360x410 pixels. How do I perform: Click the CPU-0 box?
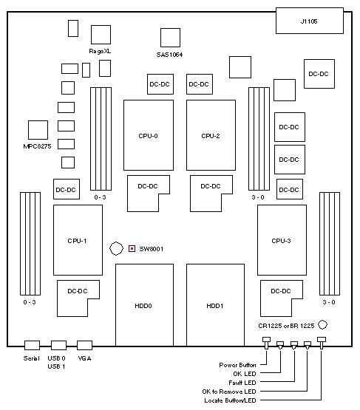pos(149,135)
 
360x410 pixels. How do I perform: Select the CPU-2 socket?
pos(211,135)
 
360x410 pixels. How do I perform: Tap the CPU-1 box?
pos(78,240)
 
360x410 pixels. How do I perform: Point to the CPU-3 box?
pos(282,240)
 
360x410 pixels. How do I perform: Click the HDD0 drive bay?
pos(144,305)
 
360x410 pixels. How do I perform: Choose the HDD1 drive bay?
pos(215,305)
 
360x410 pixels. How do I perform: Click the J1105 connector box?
pos(310,21)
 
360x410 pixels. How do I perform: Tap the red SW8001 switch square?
pos(132,249)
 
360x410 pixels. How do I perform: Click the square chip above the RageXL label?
pos(101,35)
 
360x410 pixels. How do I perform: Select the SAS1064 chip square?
pos(170,38)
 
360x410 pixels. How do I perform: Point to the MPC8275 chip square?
pos(38,130)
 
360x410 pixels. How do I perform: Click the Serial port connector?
pos(32,345)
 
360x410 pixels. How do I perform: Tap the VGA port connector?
pos(84,345)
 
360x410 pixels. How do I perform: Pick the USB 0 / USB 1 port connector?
pos(58,345)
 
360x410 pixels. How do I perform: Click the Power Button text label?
pos(237,365)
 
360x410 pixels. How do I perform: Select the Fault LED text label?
pos(242,383)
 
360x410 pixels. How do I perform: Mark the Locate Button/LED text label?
pos(230,400)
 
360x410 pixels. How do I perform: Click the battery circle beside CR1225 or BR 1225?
pos(322,325)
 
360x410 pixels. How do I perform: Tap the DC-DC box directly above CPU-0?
pos(160,84)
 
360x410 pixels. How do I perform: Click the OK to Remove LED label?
pos(229,392)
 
